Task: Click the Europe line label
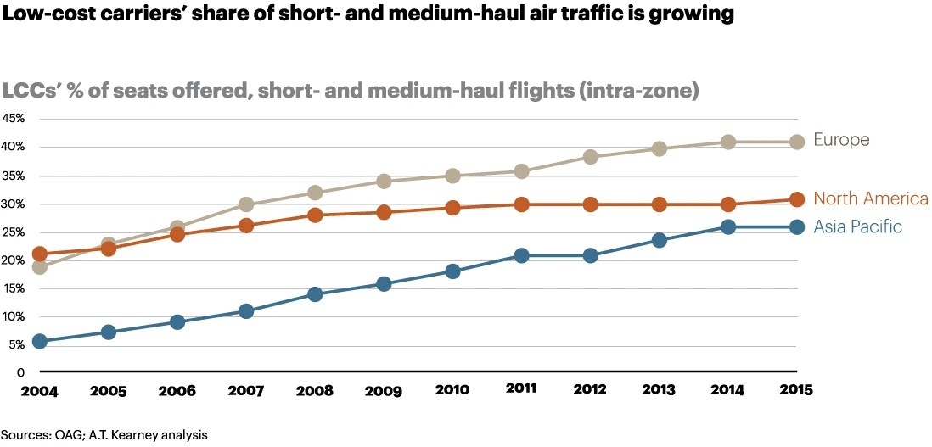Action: (x=841, y=140)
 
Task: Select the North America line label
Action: (x=870, y=199)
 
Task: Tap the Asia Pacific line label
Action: (x=857, y=226)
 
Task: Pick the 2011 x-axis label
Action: (x=521, y=390)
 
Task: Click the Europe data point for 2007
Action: (x=246, y=204)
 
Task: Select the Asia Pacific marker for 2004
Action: (x=39, y=341)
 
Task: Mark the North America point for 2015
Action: (x=797, y=199)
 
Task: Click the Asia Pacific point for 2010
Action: (x=452, y=271)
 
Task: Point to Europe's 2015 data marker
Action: (x=797, y=142)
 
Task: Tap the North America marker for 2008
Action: (x=315, y=215)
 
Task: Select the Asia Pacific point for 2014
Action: (x=727, y=226)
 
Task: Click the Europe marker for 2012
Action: (x=590, y=157)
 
